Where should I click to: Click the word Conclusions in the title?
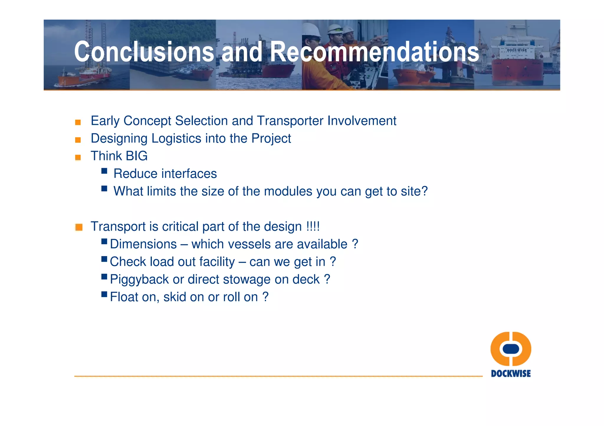pyautogui.click(x=144, y=52)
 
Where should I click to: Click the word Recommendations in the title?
pyautogui.click(x=375, y=52)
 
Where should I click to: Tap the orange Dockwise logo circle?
pyautogui.click(x=511, y=349)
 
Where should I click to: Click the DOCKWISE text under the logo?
pyautogui.click(x=511, y=374)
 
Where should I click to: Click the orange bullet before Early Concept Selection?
pyautogui.click(x=78, y=122)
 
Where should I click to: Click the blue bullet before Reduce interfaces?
pyautogui.click(x=104, y=171)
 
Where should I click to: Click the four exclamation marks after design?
pyautogui.click(x=313, y=226)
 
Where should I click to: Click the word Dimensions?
pyautogui.click(x=143, y=244)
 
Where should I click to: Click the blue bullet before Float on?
pyautogui.click(x=104, y=294)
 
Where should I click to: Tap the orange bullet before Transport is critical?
pyautogui.click(x=79, y=227)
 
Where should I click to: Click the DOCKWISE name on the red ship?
pyautogui.click(x=517, y=50)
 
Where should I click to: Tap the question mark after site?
pyautogui.click(x=424, y=191)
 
